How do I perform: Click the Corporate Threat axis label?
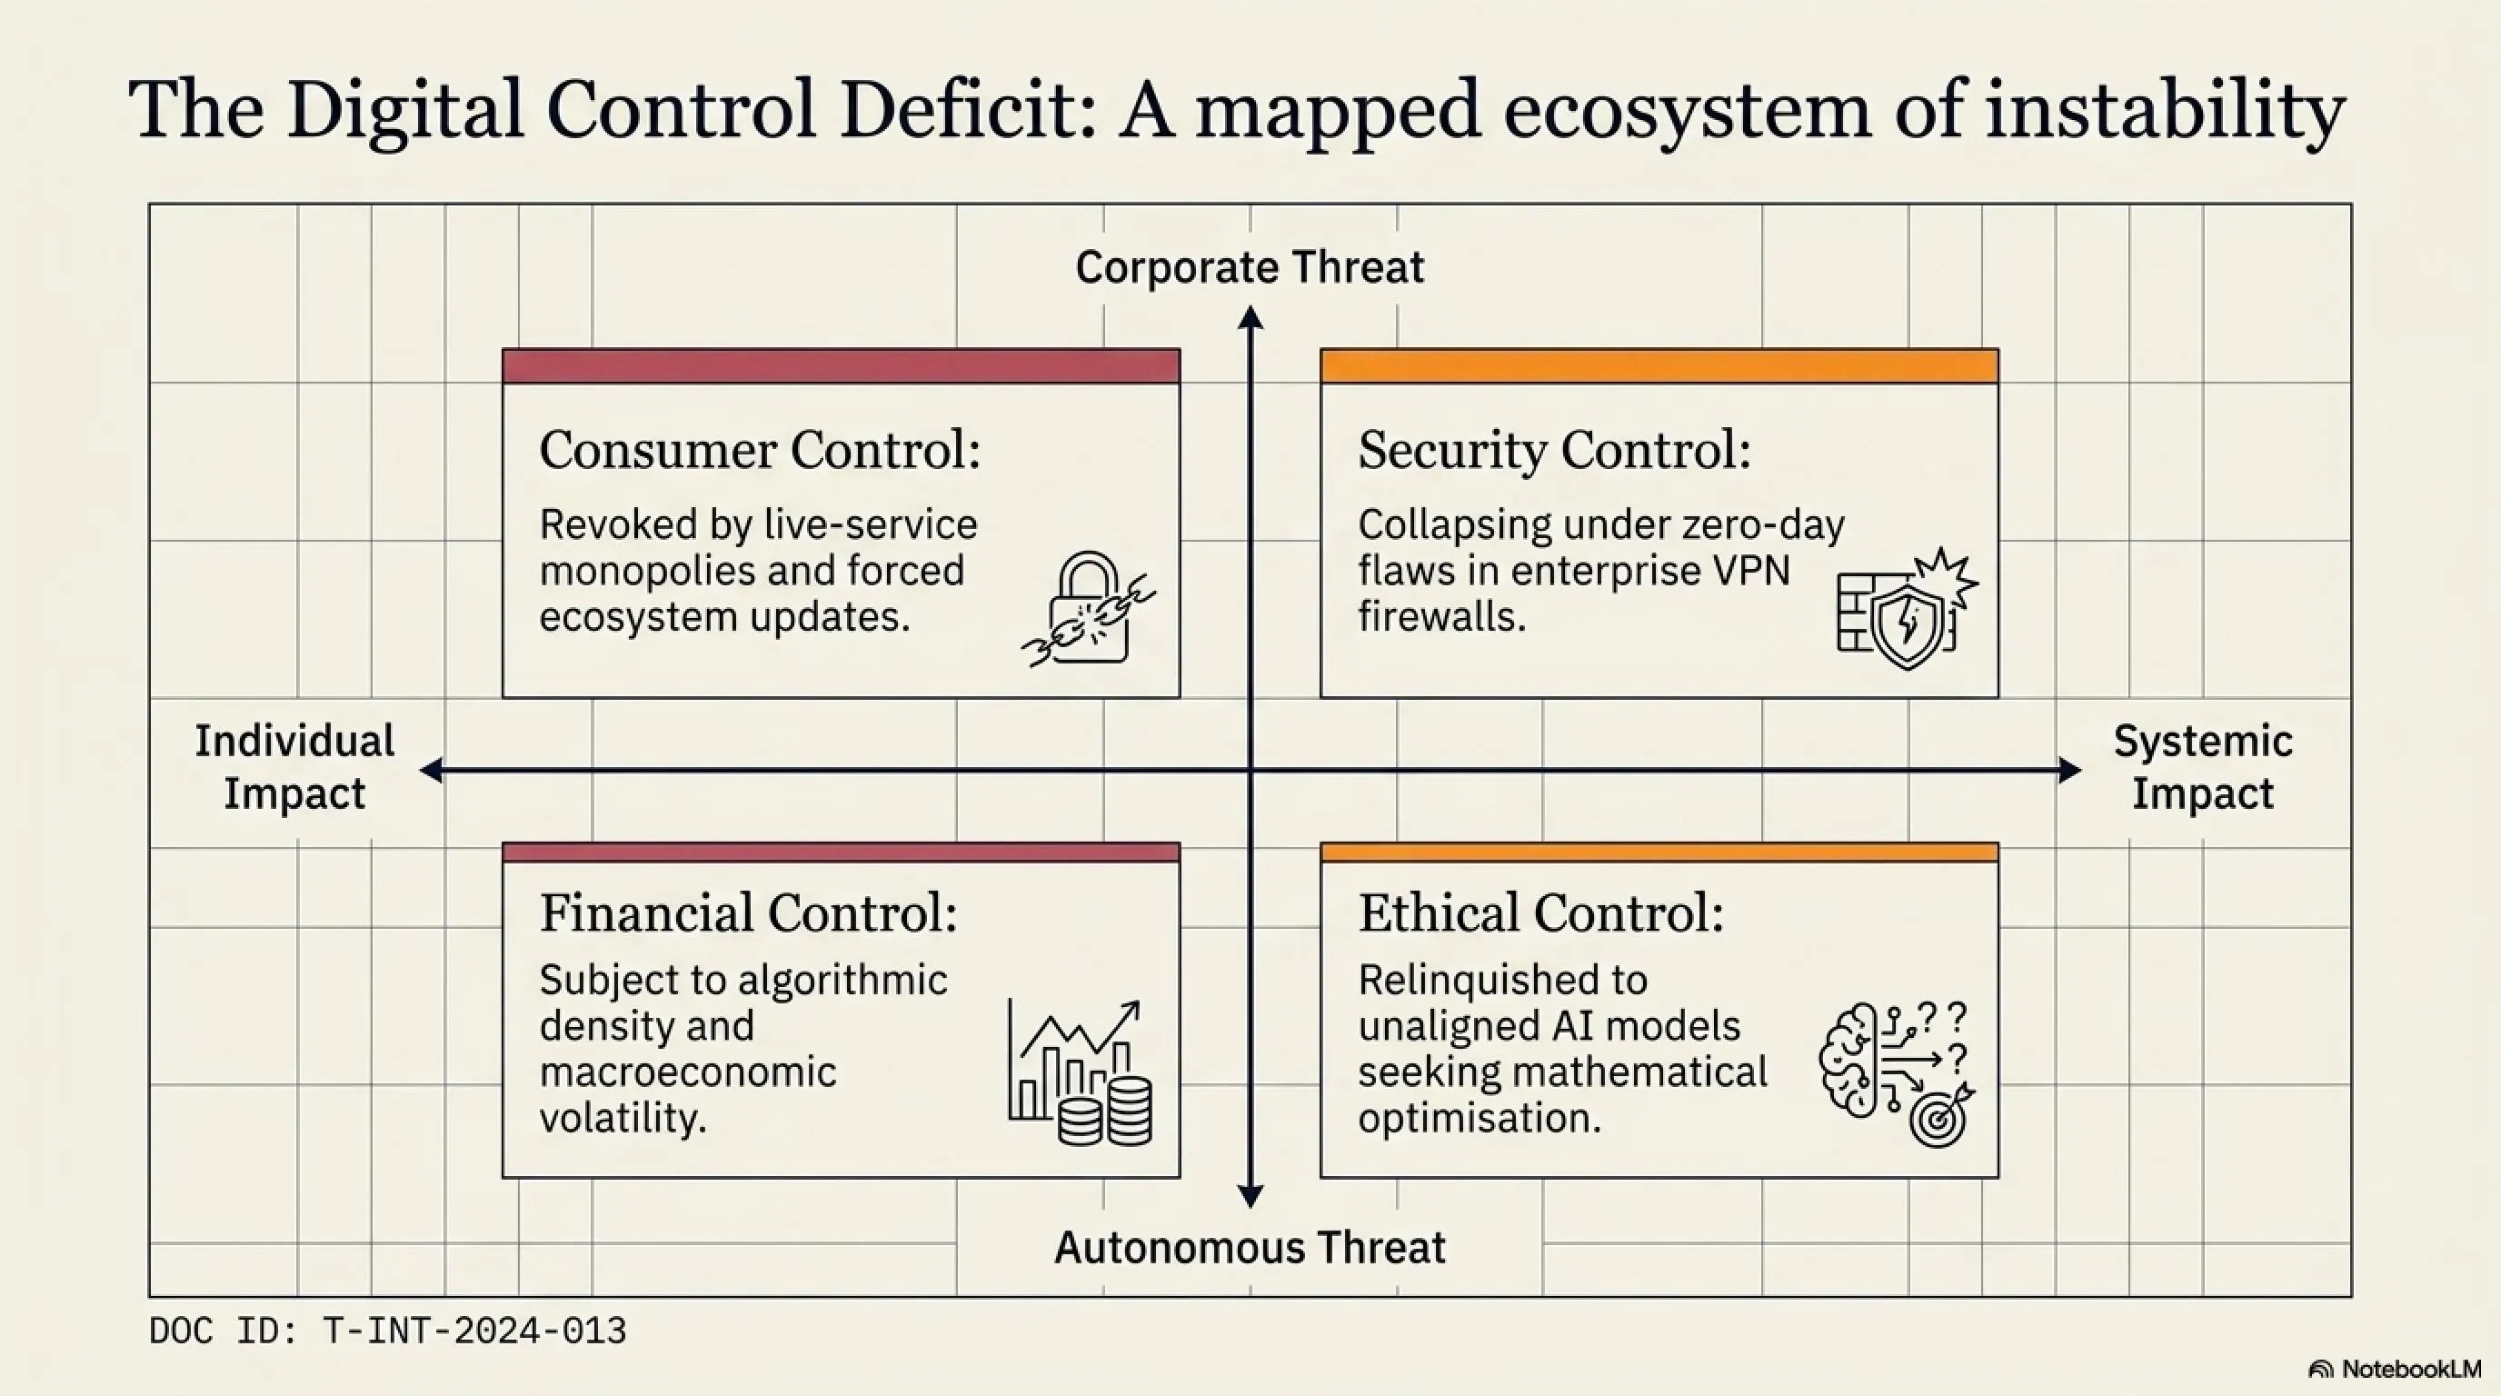coord(1250,267)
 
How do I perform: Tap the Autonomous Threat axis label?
coord(1250,1248)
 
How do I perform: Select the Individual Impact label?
coord(294,767)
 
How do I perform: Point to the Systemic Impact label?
coord(2203,767)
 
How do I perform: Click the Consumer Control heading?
coord(759,451)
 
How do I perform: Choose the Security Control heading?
coord(1554,451)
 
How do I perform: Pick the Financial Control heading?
coord(749,913)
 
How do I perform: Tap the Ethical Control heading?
coord(1540,913)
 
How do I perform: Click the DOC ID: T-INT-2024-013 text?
coord(387,1331)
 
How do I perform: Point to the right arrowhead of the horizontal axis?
coord(2070,771)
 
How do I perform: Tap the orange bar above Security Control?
coord(1659,366)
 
